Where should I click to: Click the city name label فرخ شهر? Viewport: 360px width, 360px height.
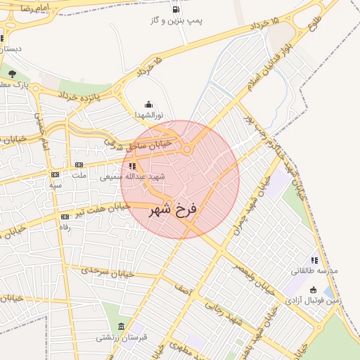174,210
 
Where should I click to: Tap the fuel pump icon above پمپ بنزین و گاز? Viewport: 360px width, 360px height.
175,9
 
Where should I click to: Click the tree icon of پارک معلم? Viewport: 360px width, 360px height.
12,73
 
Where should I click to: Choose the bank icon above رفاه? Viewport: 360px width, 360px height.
65,217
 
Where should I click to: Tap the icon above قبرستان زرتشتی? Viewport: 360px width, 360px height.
122,327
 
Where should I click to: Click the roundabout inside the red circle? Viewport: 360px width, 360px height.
187,149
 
